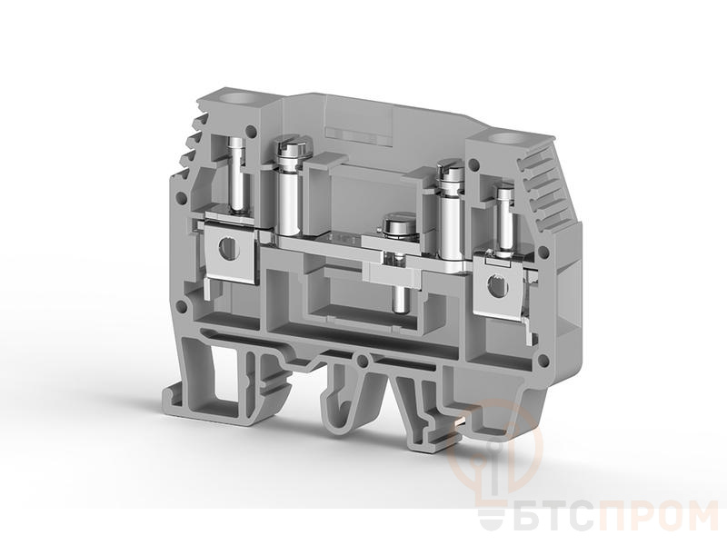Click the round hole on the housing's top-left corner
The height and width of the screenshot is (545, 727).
tap(240, 98)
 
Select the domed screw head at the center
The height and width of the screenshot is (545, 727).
tap(397, 225)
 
